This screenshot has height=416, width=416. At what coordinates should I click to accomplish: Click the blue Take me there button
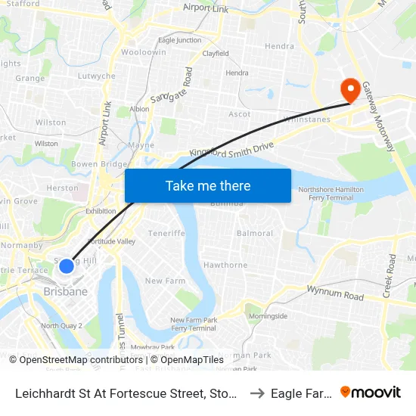click(208, 185)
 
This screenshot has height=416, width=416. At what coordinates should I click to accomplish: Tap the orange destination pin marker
click(351, 91)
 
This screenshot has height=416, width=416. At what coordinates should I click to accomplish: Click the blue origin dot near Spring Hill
click(67, 265)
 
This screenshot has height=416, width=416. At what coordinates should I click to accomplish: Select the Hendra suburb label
click(279, 46)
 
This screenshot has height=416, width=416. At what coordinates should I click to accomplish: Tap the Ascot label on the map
click(240, 114)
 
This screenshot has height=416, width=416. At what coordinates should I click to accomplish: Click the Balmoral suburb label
click(254, 234)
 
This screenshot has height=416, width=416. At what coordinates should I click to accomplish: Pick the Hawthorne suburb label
click(225, 265)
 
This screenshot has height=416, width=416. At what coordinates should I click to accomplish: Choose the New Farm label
click(165, 281)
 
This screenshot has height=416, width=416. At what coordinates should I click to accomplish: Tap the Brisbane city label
click(65, 291)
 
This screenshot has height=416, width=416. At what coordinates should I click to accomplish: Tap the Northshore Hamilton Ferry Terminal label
click(331, 193)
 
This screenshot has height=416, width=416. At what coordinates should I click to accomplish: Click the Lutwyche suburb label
click(96, 76)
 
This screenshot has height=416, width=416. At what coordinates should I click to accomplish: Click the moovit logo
click(371, 392)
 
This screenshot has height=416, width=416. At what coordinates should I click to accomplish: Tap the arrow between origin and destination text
click(257, 393)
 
